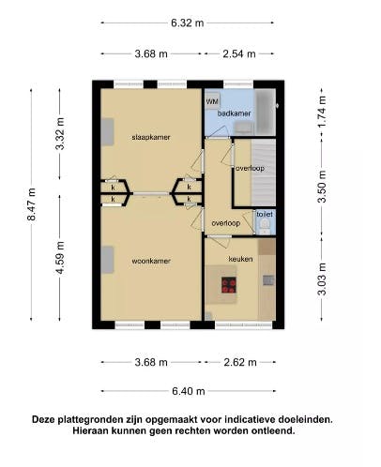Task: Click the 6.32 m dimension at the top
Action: coord(188,23)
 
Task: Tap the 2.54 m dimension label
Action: coord(239,53)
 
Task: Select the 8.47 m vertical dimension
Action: coord(31,204)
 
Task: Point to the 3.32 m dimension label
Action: coord(60,134)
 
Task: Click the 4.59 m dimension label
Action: coord(60,258)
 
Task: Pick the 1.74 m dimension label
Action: coord(322,111)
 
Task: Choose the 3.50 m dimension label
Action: coord(322,187)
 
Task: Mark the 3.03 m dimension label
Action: coord(322,279)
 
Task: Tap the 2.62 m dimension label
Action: coord(240,362)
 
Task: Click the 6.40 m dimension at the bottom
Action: coord(189,391)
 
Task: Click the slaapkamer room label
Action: coord(151,137)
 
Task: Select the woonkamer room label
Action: coord(151,261)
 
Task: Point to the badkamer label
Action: coord(235,113)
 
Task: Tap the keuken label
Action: coord(240,259)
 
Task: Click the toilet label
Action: coord(265,214)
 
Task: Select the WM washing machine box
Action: coord(212,101)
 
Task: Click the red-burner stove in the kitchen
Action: coord(229,285)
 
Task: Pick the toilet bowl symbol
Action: coord(266,226)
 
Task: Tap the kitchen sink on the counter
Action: coord(268,280)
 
